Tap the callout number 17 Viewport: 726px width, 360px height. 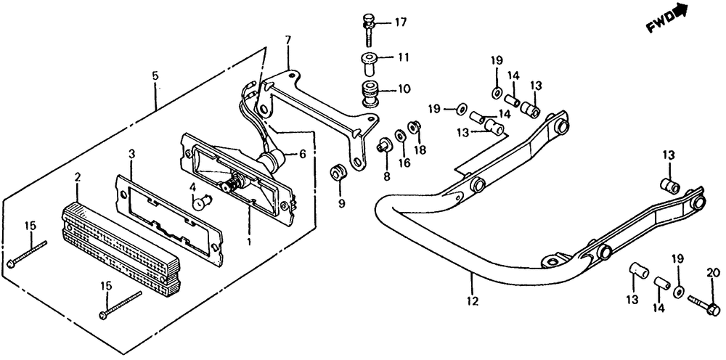point(401,22)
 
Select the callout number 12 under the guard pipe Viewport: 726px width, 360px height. point(473,300)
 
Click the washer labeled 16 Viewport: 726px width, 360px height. point(400,136)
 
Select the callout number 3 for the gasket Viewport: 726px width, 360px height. point(131,154)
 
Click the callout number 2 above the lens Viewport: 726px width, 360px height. point(78,176)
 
